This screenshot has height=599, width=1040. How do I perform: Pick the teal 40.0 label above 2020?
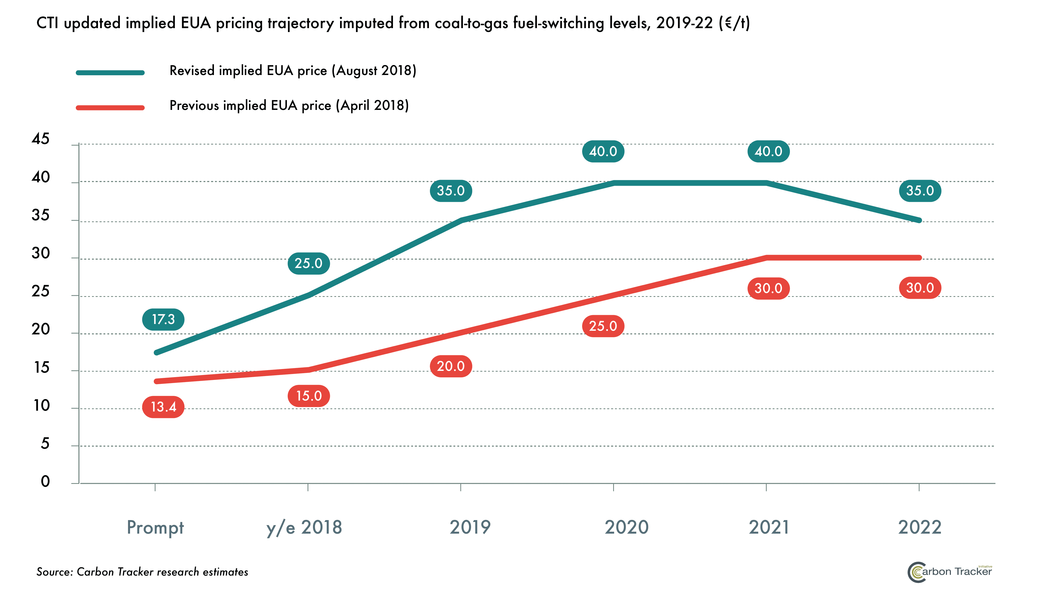(603, 151)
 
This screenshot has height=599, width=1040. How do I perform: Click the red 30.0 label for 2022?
(920, 288)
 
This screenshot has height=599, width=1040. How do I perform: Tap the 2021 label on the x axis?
(768, 527)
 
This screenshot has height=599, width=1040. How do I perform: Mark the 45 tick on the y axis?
(40, 139)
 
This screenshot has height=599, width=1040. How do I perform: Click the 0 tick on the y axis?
(45, 481)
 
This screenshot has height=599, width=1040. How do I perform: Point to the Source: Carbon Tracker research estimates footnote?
(142, 572)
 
